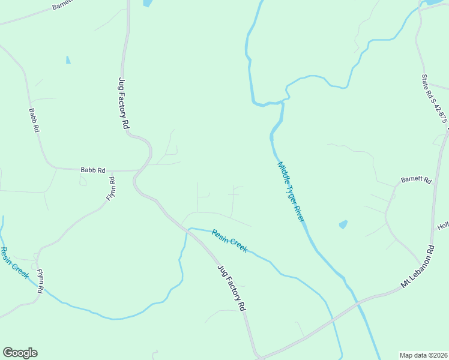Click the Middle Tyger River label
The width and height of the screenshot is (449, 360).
point(291,191)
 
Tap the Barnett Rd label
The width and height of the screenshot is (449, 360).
point(417,179)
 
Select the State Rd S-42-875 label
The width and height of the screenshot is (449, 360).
point(434,98)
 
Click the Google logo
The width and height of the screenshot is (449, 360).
point(20,353)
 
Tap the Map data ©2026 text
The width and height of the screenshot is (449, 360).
point(423,355)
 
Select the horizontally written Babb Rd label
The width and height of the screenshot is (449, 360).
point(93,170)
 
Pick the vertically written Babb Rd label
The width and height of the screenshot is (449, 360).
point(34,120)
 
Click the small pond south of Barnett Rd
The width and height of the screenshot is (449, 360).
point(343,224)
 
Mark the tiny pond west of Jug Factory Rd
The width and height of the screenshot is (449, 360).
point(68,60)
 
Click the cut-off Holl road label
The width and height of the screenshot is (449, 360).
point(443,226)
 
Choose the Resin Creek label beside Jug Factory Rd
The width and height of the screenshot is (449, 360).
point(229,239)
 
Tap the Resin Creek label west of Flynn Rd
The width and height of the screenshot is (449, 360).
point(14,262)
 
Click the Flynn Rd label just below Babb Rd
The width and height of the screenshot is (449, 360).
point(111,188)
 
